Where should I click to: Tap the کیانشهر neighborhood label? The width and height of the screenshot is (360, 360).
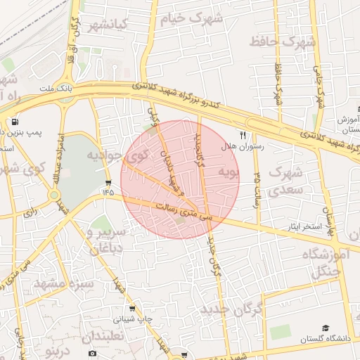tap(108, 26)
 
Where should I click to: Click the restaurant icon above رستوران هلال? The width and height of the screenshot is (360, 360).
tap(243, 135)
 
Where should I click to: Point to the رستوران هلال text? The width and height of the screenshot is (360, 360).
tap(242, 147)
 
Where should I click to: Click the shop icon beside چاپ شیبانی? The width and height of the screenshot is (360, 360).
tap(132, 308)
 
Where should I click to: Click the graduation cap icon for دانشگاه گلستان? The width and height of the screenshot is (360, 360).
tap(325, 328)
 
